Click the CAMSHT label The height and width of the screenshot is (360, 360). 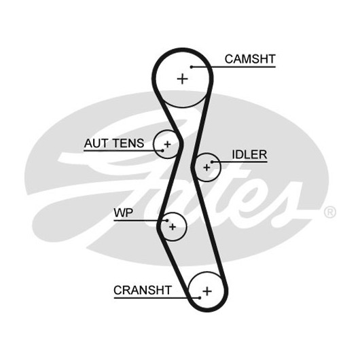[250, 59]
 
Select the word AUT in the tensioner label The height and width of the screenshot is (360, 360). [96, 143]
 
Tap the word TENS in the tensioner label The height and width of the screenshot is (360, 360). [128, 143]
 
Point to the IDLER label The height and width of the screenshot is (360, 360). [249, 154]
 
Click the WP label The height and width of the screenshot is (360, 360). [124, 213]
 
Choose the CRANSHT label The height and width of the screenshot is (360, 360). [143, 290]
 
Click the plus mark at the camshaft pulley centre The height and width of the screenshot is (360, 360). [183, 79]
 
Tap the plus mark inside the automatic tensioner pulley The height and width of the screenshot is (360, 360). [167, 145]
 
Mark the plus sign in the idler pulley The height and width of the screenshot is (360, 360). [206, 167]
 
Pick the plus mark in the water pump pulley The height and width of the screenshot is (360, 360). [173, 227]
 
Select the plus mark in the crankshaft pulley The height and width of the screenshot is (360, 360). [207, 291]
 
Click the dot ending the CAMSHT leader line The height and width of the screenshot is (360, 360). [192, 67]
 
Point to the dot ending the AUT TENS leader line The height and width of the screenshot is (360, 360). [162, 151]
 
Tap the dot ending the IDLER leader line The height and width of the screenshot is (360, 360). [212, 162]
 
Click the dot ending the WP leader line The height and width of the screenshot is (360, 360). [167, 221]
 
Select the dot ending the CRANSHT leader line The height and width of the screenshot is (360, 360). [200, 298]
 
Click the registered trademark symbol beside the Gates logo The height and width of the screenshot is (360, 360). [330, 212]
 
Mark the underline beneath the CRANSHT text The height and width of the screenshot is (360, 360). [157, 298]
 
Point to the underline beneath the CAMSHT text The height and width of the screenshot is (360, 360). [233, 67]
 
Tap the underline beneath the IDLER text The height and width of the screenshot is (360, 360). [240, 162]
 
